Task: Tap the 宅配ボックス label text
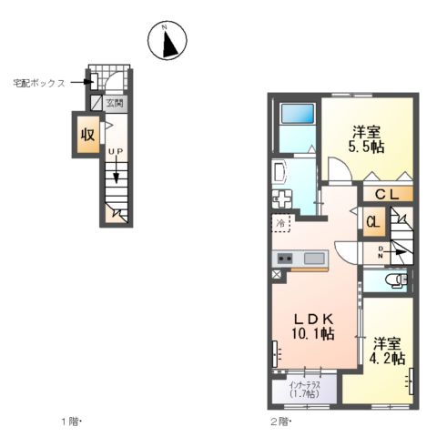click(38, 82)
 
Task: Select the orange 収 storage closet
click(86, 135)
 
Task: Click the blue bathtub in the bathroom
click(297, 115)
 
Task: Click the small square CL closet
click(373, 221)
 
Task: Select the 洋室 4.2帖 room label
click(387, 351)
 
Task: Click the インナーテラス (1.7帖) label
click(304, 390)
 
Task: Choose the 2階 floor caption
click(278, 422)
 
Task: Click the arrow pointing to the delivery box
click(83, 82)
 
